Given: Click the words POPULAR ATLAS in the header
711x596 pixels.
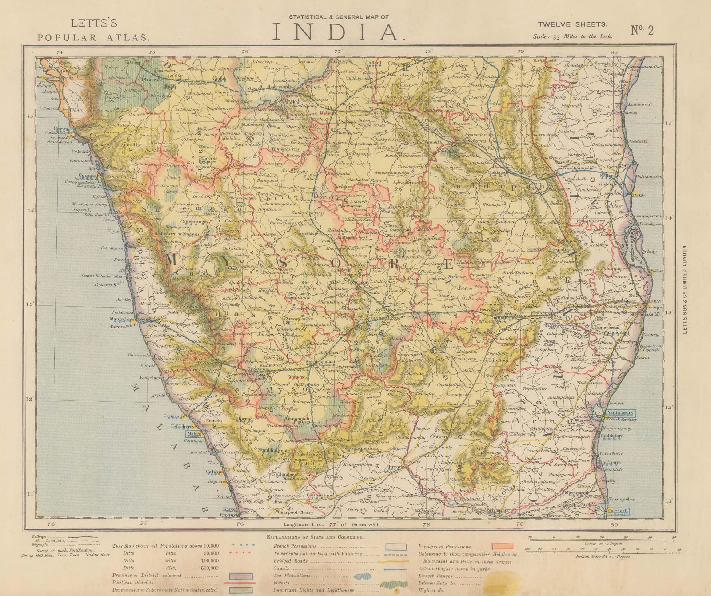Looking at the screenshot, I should pos(93,37).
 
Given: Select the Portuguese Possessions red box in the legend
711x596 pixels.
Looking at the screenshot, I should pos(502,546).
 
